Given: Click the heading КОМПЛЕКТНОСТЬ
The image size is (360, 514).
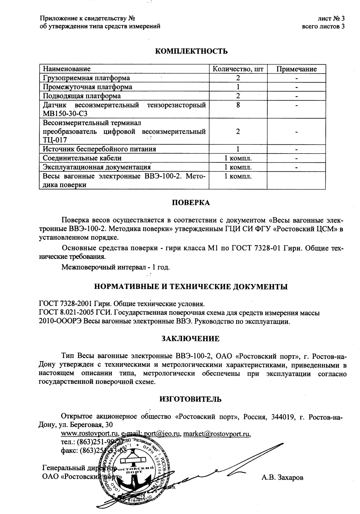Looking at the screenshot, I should [191, 51].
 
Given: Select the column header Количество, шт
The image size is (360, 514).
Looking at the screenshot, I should [238, 69].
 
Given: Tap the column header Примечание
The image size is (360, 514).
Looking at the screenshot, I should [296, 69].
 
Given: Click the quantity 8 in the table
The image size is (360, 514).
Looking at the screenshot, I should [238, 105].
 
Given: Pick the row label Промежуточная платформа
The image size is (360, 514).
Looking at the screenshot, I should [88, 87].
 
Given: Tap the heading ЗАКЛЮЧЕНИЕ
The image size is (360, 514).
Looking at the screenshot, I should [191, 339].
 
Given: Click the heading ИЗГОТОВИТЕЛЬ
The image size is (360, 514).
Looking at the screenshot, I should [191, 399].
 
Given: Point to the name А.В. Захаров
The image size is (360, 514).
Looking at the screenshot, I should [282, 477].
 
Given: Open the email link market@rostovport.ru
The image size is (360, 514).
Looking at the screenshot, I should [217, 434].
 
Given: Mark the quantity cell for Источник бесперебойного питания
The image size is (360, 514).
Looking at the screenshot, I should [238, 149].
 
